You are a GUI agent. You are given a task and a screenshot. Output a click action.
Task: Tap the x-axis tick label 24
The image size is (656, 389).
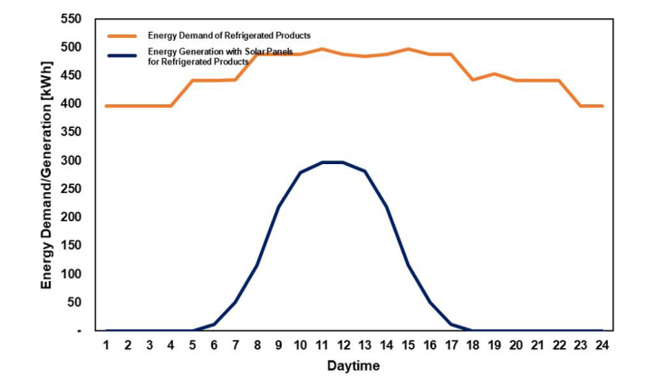(602, 345)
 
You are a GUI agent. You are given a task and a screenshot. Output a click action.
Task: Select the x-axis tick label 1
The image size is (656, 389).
(106, 345)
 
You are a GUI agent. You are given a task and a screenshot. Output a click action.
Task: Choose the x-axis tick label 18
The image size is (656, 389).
(472, 345)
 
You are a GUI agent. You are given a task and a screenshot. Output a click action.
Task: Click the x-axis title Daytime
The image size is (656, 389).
(353, 366)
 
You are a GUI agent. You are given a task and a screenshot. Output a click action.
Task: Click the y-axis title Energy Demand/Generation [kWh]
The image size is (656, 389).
(46, 175)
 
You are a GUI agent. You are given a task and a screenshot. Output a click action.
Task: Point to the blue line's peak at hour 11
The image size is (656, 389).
(322, 162)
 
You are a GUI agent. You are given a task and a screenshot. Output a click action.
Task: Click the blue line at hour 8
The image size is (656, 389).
(257, 265)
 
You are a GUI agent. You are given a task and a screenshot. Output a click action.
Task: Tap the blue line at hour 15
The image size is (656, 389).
(408, 265)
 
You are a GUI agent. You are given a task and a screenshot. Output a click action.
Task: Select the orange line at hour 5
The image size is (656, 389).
(192, 81)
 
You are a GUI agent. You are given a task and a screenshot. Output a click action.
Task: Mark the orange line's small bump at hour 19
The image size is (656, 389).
(494, 73)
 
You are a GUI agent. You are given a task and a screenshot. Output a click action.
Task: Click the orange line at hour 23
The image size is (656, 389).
(580, 106)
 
